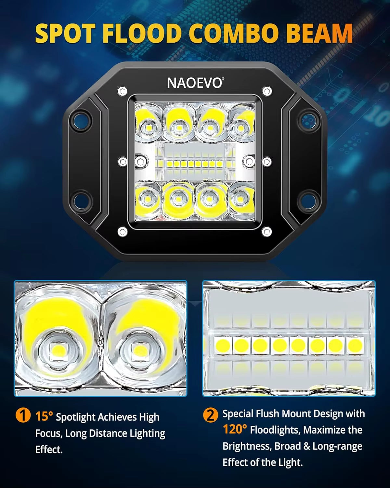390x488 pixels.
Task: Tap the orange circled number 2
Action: point(211,415)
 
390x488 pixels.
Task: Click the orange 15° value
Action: point(44,416)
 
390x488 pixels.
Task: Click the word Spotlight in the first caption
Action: point(75,417)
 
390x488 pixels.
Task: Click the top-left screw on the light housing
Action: point(122,91)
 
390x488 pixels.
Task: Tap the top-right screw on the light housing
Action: point(267,91)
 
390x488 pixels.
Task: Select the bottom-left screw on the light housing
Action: point(122,232)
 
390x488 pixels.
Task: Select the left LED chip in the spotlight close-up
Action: point(57,351)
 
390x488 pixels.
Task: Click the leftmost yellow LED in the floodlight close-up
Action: point(223,345)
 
